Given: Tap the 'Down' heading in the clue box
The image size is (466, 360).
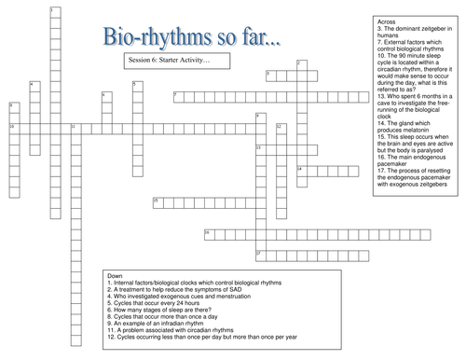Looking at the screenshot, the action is [x=116, y=277].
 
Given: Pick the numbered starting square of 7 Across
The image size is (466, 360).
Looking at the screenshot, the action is [x=177, y=95].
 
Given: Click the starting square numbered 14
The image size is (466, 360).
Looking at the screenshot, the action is [x=301, y=169].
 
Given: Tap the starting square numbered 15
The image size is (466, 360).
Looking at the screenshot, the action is [x=157, y=201].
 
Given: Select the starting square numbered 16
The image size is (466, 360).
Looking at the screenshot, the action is [x=207, y=232].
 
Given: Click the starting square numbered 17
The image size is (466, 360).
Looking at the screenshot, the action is [x=260, y=253].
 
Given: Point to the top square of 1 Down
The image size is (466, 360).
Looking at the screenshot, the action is [x=53, y=10].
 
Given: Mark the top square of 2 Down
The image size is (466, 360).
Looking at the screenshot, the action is [x=300, y=63].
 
